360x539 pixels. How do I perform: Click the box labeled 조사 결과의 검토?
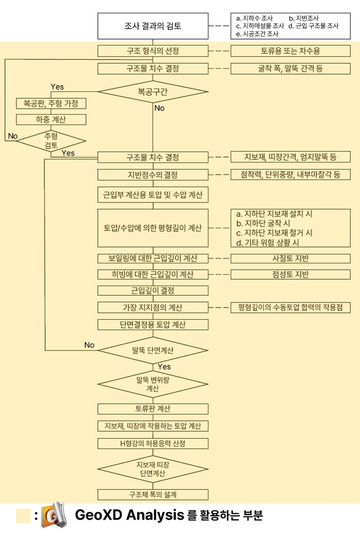point(153,26)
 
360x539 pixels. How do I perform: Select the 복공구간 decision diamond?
point(153,92)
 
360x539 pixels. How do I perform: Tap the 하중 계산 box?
point(51,120)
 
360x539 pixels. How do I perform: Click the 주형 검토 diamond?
point(51,141)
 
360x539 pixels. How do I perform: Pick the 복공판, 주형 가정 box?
point(51,103)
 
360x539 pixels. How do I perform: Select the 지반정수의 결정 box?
point(153,174)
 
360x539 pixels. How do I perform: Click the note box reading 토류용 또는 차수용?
point(290,51)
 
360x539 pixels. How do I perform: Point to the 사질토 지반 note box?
point(290,258)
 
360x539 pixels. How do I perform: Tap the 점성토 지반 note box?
point(290,274)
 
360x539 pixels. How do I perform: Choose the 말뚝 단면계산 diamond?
point(153,350)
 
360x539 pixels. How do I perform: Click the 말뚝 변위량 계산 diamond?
point(153,384)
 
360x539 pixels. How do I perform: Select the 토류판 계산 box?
point(153,409)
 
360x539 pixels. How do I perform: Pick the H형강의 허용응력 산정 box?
point(153,444)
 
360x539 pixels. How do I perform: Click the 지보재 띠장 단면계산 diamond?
point(153,469)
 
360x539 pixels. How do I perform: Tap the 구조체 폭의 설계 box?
point(153,495)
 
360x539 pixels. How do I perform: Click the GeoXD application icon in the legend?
point(54,515)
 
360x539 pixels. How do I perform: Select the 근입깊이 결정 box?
point(153,290)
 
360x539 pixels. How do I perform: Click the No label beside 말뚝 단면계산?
point(89,345)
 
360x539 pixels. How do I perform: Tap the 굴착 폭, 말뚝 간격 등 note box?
point(290,68)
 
